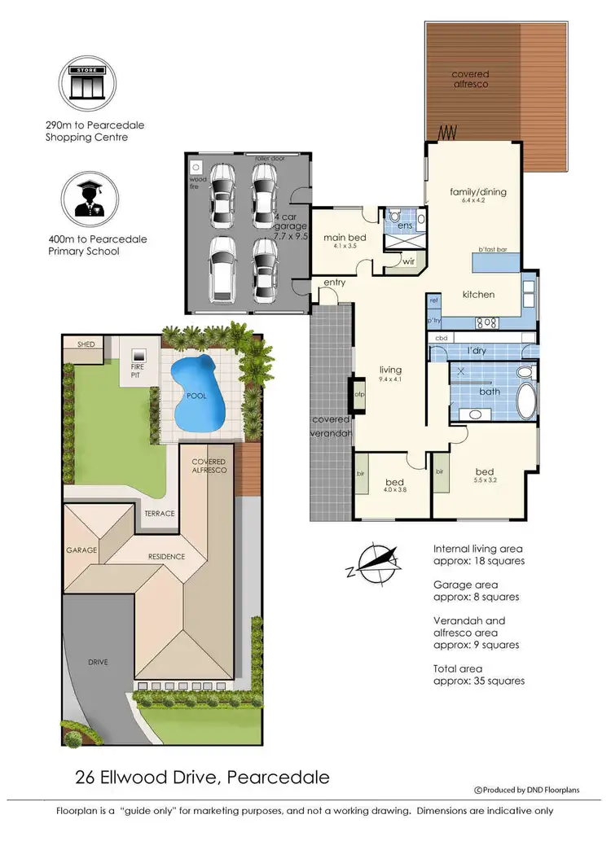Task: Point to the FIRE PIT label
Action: [x=138, y=370]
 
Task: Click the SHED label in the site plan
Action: [x=86, y=344]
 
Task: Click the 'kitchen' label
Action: [x=478, y=294]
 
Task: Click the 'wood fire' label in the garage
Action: [x=198, y=182]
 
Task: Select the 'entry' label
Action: [x=334, y=283]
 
